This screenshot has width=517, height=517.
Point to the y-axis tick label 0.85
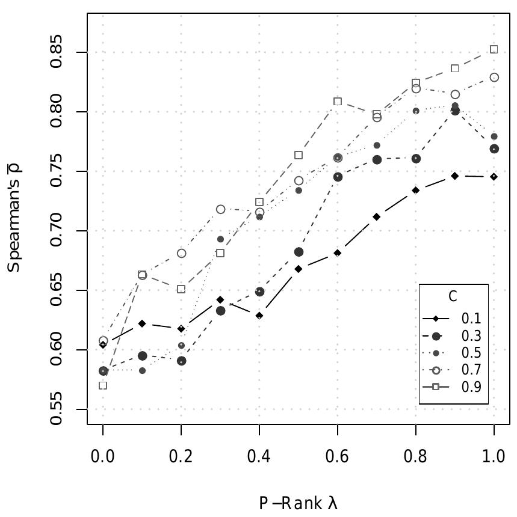coord(57,53)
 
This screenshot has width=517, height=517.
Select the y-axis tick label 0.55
coord(57,409)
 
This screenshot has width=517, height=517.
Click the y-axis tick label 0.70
coord(57,231)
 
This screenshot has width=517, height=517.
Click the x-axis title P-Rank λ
coord(298,503)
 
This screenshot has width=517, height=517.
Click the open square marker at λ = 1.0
coord(494,49)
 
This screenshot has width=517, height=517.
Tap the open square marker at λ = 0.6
coord(338,102)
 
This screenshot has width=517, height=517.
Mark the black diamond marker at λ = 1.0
coord(494,177)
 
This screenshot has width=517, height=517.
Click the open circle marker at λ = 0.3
coord(220,209)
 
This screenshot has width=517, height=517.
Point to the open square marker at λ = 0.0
coord(103,385)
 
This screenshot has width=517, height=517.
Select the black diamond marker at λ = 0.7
coord(376,216)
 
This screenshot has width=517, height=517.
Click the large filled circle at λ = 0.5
coord(299,252)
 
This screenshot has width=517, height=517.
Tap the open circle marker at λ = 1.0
coord(494,78)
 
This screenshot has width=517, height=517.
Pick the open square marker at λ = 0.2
coord(181,289)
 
